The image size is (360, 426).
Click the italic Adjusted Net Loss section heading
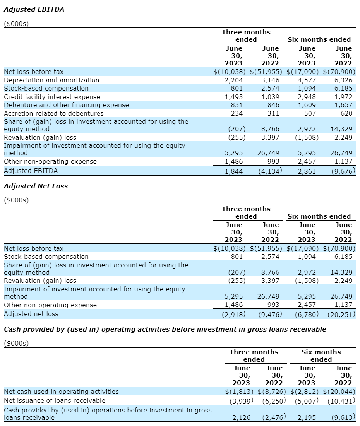click(x=36, y=186)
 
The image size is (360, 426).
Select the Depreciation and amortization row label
click(x=51, y=80)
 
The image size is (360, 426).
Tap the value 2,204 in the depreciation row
click(x=233, y=80)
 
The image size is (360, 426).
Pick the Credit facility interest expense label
click(x=52, y=97)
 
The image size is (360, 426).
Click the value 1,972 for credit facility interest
click(x=343, y=97)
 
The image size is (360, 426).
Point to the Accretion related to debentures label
click(x=54, y=113)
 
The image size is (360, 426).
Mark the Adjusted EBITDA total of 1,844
click(x=233, y=171)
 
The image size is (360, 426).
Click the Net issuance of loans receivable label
click(x=55, y=400)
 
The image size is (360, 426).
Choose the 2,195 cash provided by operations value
click(x=307, y=417)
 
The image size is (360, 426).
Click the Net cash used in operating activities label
click(x=61, y=392)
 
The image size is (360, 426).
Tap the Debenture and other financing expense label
click(x=66, y=105)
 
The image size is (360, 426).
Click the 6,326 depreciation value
click(x=343, y=80)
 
